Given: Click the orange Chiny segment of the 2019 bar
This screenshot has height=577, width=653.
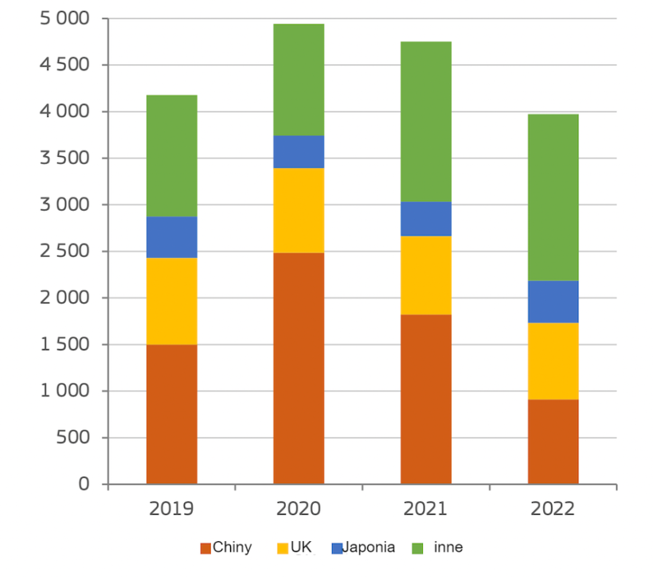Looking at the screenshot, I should pos(171,414).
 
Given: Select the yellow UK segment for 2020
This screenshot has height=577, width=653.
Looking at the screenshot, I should pos(299,210).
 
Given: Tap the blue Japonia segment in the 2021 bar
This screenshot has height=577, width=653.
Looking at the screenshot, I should pos(426,219).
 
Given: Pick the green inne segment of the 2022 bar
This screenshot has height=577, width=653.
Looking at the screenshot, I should pos(553,197).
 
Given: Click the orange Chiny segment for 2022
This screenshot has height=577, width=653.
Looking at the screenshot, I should pos(553,442).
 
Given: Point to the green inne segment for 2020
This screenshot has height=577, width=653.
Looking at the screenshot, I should pos(299,80).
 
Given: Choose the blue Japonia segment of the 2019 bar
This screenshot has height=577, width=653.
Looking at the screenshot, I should pos(171,237).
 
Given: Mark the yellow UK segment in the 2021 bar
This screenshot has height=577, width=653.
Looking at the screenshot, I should pos(426,275).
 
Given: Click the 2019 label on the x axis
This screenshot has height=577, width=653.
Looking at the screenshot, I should pos(171,509).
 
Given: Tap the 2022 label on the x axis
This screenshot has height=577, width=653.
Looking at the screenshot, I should pos(553,509).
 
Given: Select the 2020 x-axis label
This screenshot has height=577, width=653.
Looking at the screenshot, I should pos(299,509).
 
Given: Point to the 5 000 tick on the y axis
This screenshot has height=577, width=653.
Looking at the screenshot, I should pos(65,18).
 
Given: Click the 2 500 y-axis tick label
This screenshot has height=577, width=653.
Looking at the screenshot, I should pos(65,251).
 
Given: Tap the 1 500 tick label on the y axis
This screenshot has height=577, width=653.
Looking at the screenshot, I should pos(65,345).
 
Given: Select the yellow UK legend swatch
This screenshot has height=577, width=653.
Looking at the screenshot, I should pos(281,548).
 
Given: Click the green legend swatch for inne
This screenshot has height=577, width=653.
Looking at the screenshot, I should pos(416,548).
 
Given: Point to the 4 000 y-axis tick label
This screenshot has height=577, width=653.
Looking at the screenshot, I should pos(65,111).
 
